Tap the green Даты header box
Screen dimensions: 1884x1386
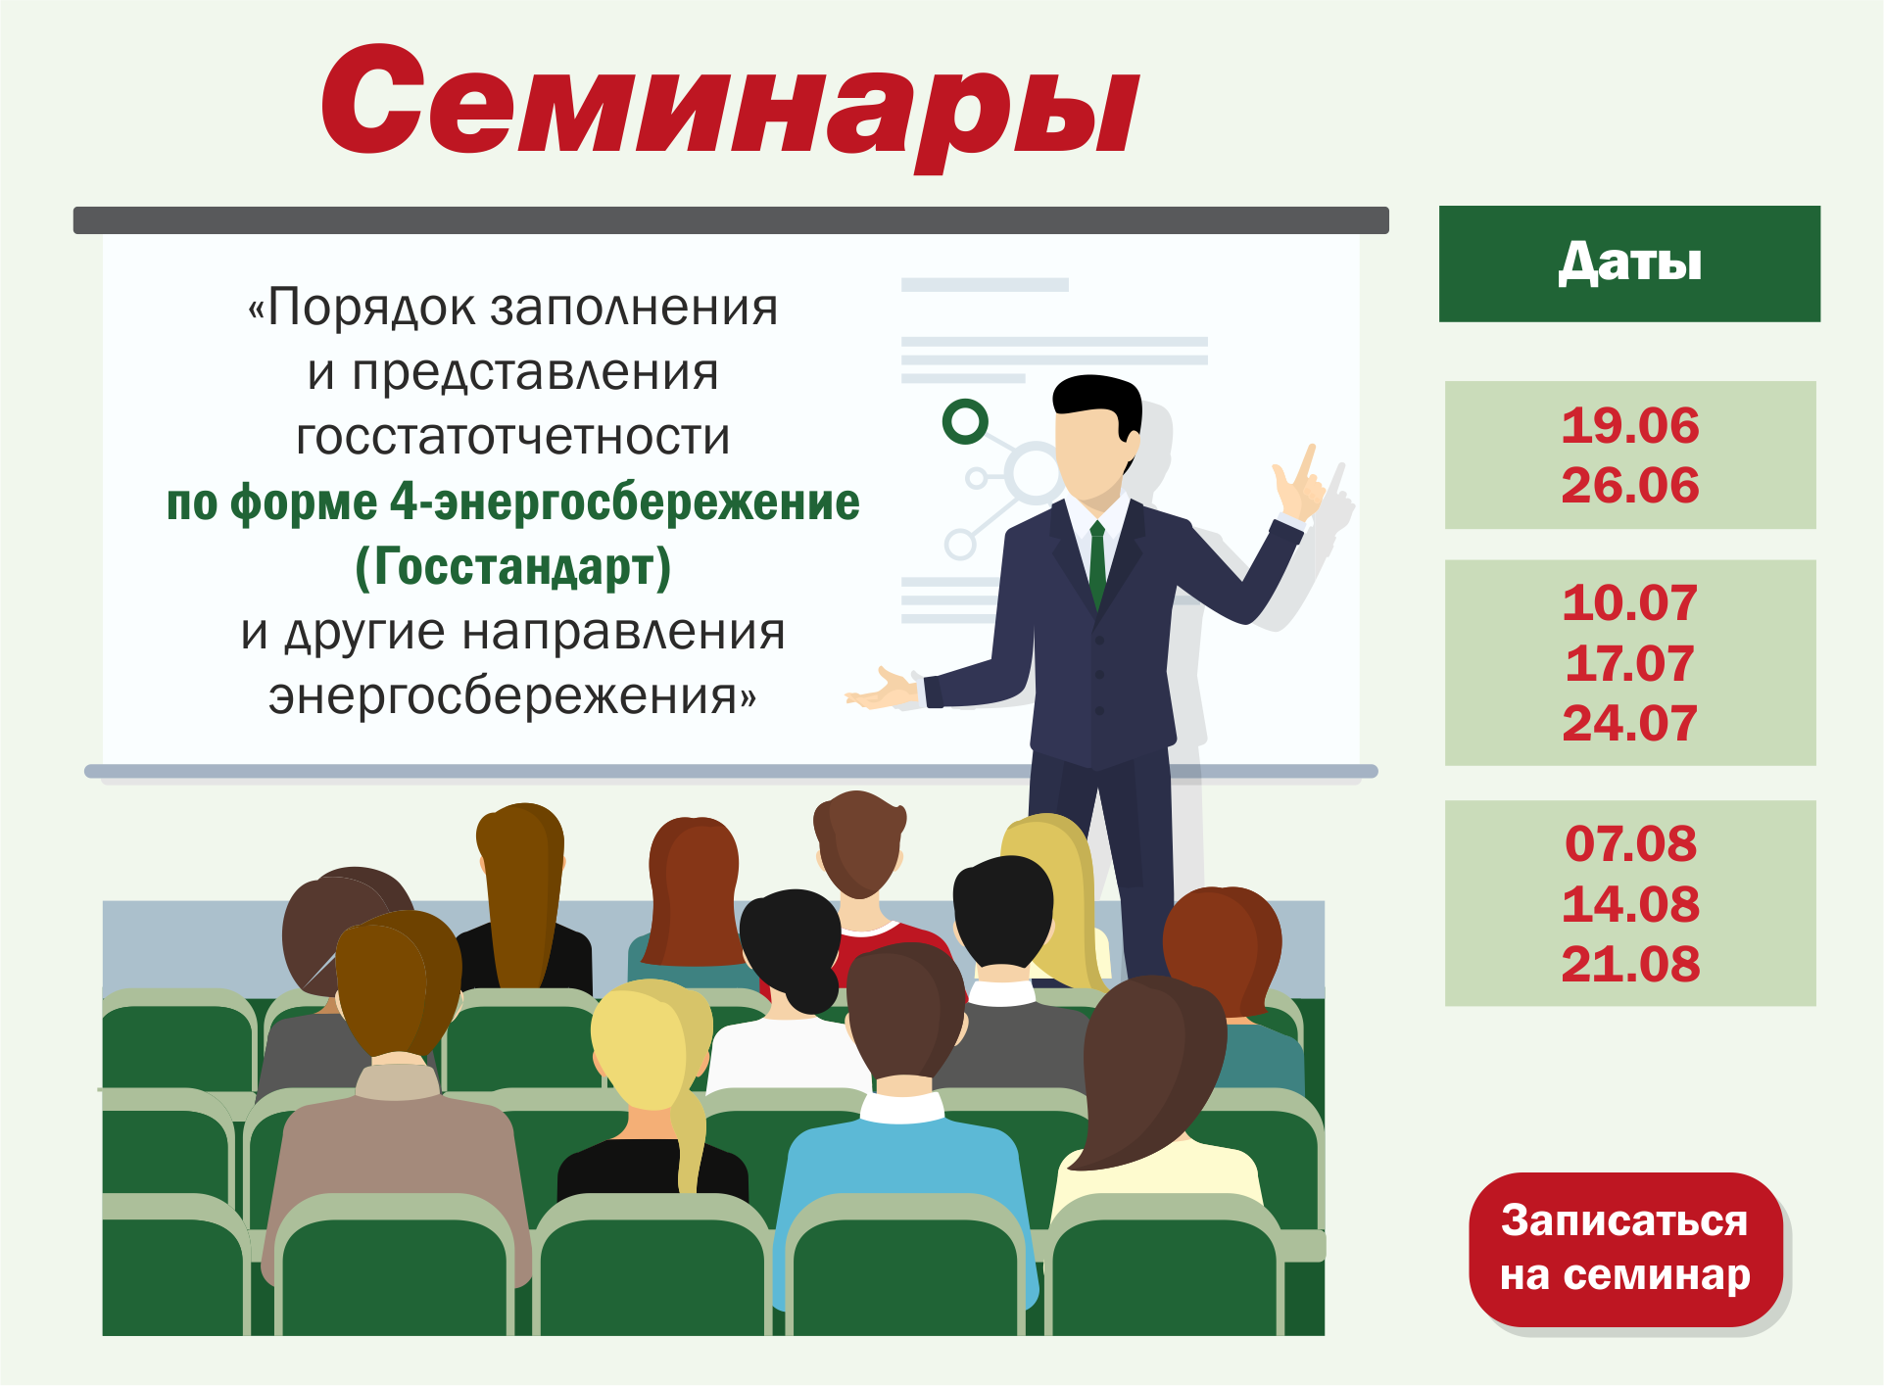pyautogui.click(x=1629, y=263)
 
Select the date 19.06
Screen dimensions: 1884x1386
pyautogui.click(x=1630, y=426)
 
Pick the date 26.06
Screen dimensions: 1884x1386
pyautogui.click(x=1630, y=486)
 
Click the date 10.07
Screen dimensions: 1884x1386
pyautogui.click(x=1630, y=603)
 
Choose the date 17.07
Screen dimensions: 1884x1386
pyautogui.click(x=1630, y=664)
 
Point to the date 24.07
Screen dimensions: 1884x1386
pyautogui.click(x=1630, y=724)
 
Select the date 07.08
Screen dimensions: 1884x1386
pyautogui.click(x=1630, y=844)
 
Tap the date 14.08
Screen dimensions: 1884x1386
pyautogui.click(x=1630, y=904)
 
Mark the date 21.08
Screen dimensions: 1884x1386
pyautogui.click(x=1630, y=965)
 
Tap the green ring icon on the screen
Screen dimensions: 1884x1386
pyautogui.click(x=965, y=422)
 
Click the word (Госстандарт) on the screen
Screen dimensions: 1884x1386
pyautogui.click(x=512, y=567)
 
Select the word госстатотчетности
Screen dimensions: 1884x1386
pyautogui.click(x=513, y=437)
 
